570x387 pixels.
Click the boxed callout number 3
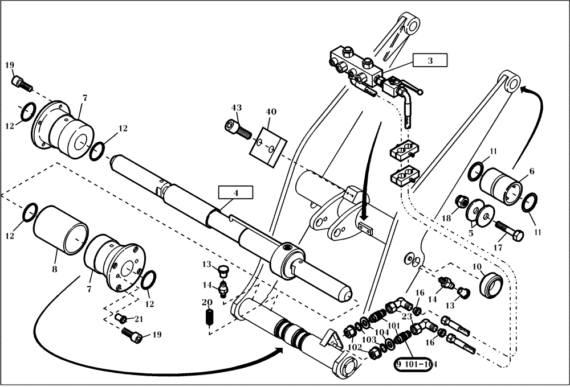[430, 60]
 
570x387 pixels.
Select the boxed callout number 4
[235, 193]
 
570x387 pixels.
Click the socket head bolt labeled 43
[239, 131]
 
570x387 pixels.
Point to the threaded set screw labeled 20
[209, 319]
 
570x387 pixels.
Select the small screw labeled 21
[121, 318]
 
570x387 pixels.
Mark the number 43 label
[237, 108]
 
